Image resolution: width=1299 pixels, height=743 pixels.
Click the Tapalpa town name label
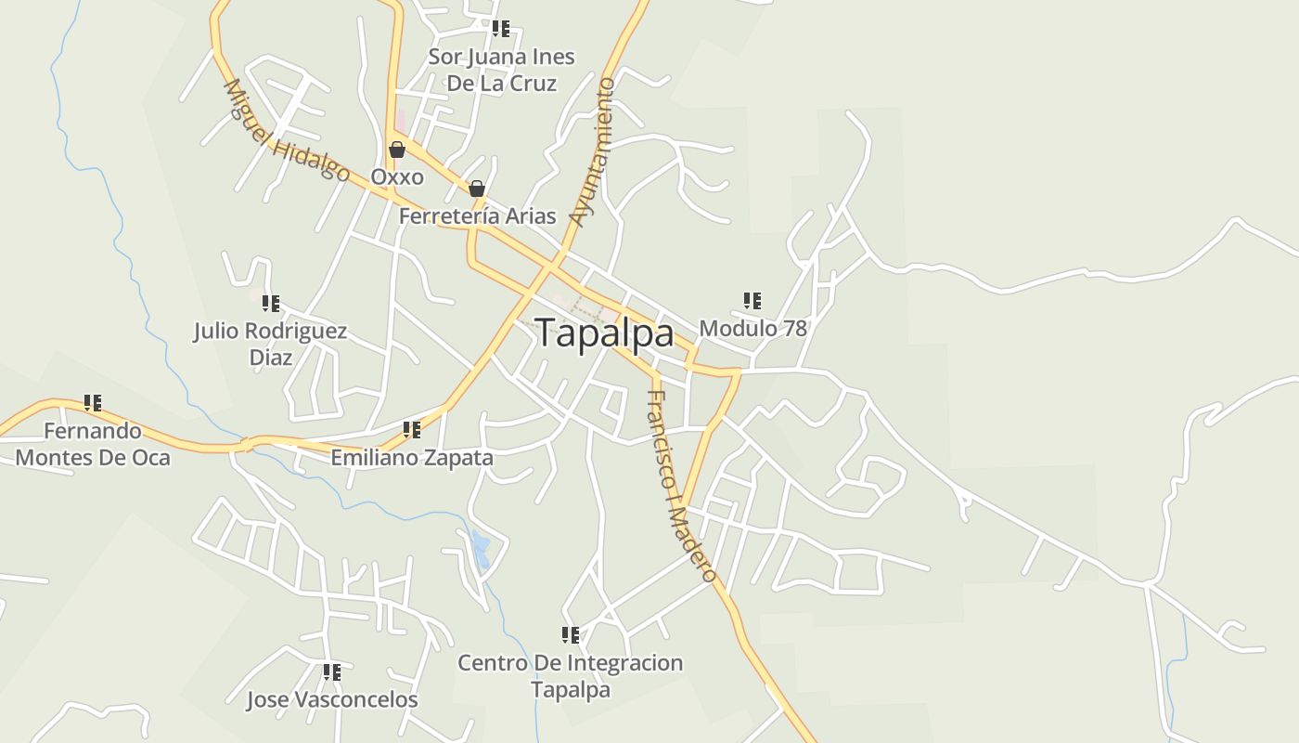(604, 333)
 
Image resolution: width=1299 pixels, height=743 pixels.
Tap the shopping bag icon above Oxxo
(397, 150)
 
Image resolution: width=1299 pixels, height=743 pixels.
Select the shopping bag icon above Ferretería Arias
(477, 189)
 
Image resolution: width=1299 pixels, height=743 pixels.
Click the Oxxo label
(397, 176)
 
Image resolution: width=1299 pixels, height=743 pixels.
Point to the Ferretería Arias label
(477, 216)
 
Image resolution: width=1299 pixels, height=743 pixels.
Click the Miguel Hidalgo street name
(287, 131)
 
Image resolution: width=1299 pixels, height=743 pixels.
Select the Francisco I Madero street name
(681, 486)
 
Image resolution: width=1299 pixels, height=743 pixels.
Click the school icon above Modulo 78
(752, 301)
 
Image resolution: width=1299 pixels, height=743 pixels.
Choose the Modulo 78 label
(752, 328)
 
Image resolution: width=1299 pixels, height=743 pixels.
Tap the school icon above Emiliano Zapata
(412, 430)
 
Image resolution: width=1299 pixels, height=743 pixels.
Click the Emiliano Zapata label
(412, 458)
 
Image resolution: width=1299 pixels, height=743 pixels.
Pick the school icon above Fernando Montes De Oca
(93, 403)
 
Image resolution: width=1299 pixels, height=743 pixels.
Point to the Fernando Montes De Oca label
(93, 444)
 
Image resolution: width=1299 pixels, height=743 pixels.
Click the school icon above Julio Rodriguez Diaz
(271, 303)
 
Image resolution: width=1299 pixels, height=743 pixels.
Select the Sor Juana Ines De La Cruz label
(501, 70)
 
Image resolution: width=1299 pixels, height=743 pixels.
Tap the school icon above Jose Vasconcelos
(332, 671)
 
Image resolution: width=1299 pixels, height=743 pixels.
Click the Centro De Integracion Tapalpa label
(571, 676)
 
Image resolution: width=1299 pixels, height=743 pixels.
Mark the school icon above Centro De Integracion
(571, 635)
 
